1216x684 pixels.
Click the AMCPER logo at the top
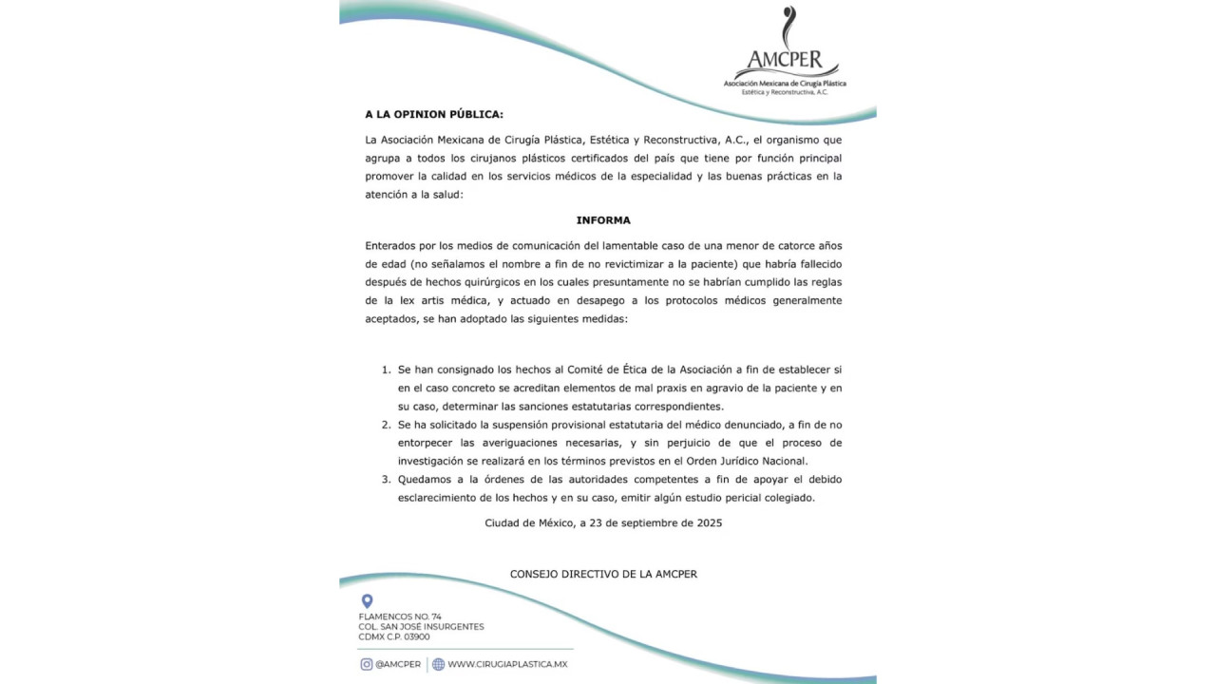coord(785,53)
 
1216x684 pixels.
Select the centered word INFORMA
coord(603,220)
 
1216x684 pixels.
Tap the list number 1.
coord(386,369)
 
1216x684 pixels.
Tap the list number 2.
coord(386,425)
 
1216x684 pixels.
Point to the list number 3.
coord(386,480)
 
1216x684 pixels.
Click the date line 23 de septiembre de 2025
coord(603,522)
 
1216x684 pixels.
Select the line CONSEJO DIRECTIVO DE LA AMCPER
coord(603,574)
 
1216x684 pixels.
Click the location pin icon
coord(367,601)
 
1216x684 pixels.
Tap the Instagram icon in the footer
coord(367,664)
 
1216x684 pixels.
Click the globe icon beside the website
coord(438,664)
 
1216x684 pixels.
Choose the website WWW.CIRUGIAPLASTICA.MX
coord(507,664)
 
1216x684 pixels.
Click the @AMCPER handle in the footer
coord(398,664)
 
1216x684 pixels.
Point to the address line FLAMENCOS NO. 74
coord(400,617)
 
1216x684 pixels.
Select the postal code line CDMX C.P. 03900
coord(394,636)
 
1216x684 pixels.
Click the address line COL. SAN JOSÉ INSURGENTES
coord(421,627)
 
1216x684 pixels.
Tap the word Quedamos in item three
coord(425,480)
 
